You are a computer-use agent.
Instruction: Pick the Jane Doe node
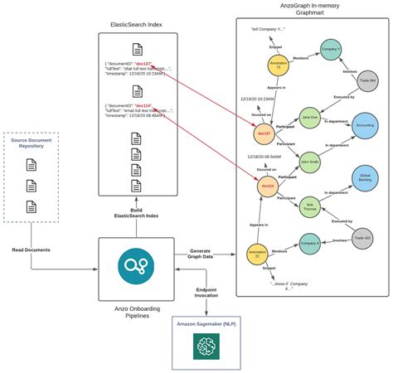309,116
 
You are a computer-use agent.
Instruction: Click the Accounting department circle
365,126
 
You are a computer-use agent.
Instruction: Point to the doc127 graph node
265,132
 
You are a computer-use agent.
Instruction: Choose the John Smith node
309,162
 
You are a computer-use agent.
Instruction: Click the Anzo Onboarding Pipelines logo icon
133,264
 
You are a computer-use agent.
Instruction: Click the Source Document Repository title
32,143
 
